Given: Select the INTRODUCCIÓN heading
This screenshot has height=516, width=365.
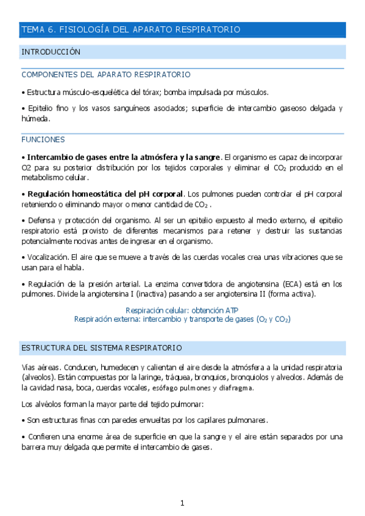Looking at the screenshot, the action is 51,52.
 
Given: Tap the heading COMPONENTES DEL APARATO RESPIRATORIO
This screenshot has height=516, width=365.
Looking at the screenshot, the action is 105,75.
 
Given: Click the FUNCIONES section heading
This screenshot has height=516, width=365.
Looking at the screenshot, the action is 43,139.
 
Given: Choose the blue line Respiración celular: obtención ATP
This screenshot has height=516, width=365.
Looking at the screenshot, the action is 182,310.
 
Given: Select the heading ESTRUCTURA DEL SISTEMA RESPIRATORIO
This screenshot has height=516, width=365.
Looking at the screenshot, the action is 101,347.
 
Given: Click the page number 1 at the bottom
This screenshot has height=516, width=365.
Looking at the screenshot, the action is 182,503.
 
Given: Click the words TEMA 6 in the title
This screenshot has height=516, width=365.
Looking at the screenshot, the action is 39,29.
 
